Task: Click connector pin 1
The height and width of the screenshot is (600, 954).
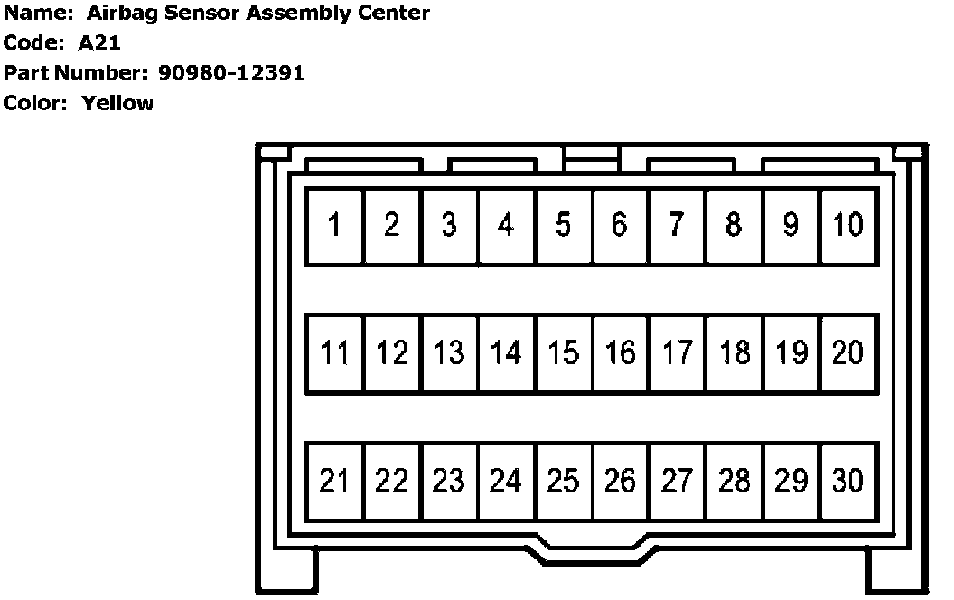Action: tap(334, 225)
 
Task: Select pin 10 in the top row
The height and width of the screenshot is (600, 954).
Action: tap(847, 225)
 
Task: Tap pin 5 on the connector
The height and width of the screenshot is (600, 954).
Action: tap(563, 225)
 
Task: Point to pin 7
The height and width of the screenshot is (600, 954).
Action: tap(677, 225)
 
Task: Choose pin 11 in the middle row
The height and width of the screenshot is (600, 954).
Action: tap(334, 353)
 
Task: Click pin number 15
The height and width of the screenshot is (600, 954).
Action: tap(563, 353)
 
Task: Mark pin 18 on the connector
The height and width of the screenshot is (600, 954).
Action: tap(734, 353)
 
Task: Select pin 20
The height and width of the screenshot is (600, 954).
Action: tap(847, 353)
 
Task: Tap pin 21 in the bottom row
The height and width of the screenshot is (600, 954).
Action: tap(334, 482)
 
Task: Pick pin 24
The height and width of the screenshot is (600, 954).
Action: tap(506, 482)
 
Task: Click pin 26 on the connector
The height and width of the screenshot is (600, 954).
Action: tap(620, 482)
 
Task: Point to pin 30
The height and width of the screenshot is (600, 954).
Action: tap(847, 482)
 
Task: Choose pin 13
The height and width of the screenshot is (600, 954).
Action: tap(449, 353)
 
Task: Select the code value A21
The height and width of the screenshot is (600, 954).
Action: tap(99, 42)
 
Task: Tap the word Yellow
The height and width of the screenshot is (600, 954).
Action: tap(117, 103)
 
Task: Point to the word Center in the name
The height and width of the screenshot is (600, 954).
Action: tap(393, 13)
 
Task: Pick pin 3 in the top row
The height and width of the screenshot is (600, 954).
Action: tap(449, 225)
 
